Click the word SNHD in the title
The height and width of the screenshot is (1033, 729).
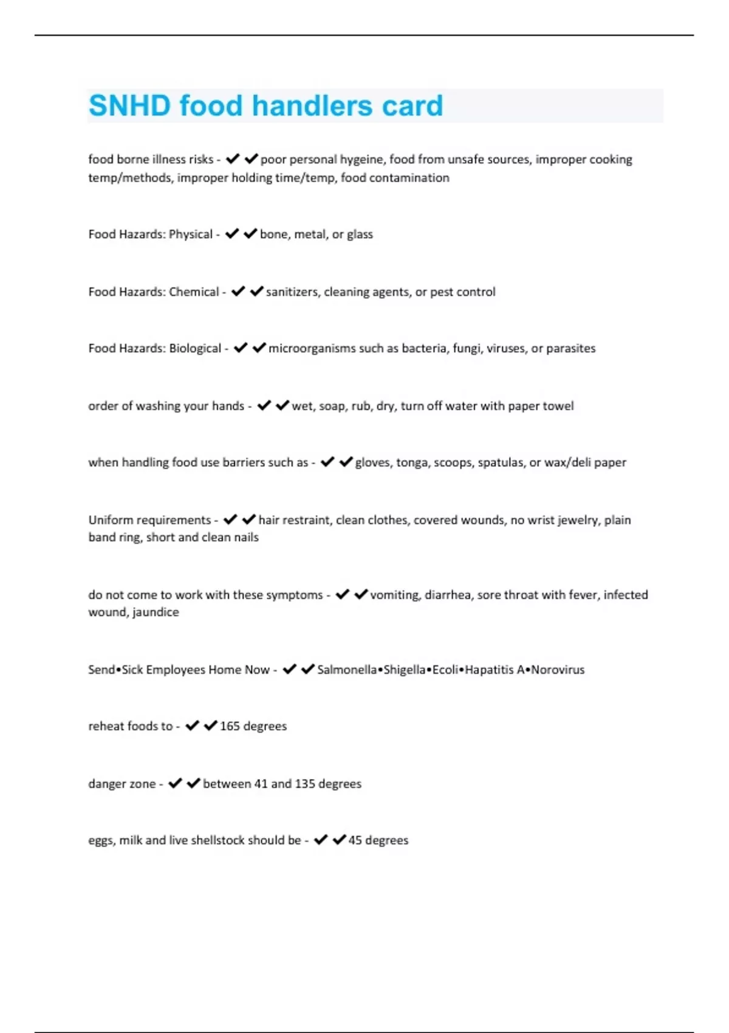pos(129,106)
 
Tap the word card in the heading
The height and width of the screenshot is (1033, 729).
pos(412,106)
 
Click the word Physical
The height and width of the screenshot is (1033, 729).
pos(191,235)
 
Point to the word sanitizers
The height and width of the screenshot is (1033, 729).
pos(292,292)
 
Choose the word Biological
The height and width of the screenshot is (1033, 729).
pos(195,349)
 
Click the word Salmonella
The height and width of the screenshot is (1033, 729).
pos(347,670)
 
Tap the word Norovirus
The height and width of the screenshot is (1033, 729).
pos(558,670)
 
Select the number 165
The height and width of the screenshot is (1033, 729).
pos(230,726)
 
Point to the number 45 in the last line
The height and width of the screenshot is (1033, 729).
pos(355,840)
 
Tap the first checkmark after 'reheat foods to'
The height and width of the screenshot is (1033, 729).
pos(192,726)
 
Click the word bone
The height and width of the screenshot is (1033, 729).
pos(273,235)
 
